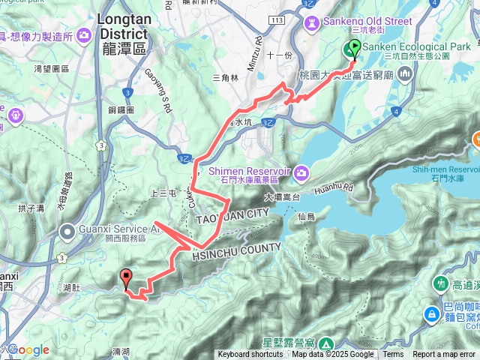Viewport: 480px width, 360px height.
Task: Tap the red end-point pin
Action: click(127, 278)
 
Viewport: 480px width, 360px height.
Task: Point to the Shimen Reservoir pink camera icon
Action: click(301, 174)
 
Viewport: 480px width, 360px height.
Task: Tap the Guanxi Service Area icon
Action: click(67, 230)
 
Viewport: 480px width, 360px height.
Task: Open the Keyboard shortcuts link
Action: click(250, 355)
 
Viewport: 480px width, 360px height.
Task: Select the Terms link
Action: click(393, 355)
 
